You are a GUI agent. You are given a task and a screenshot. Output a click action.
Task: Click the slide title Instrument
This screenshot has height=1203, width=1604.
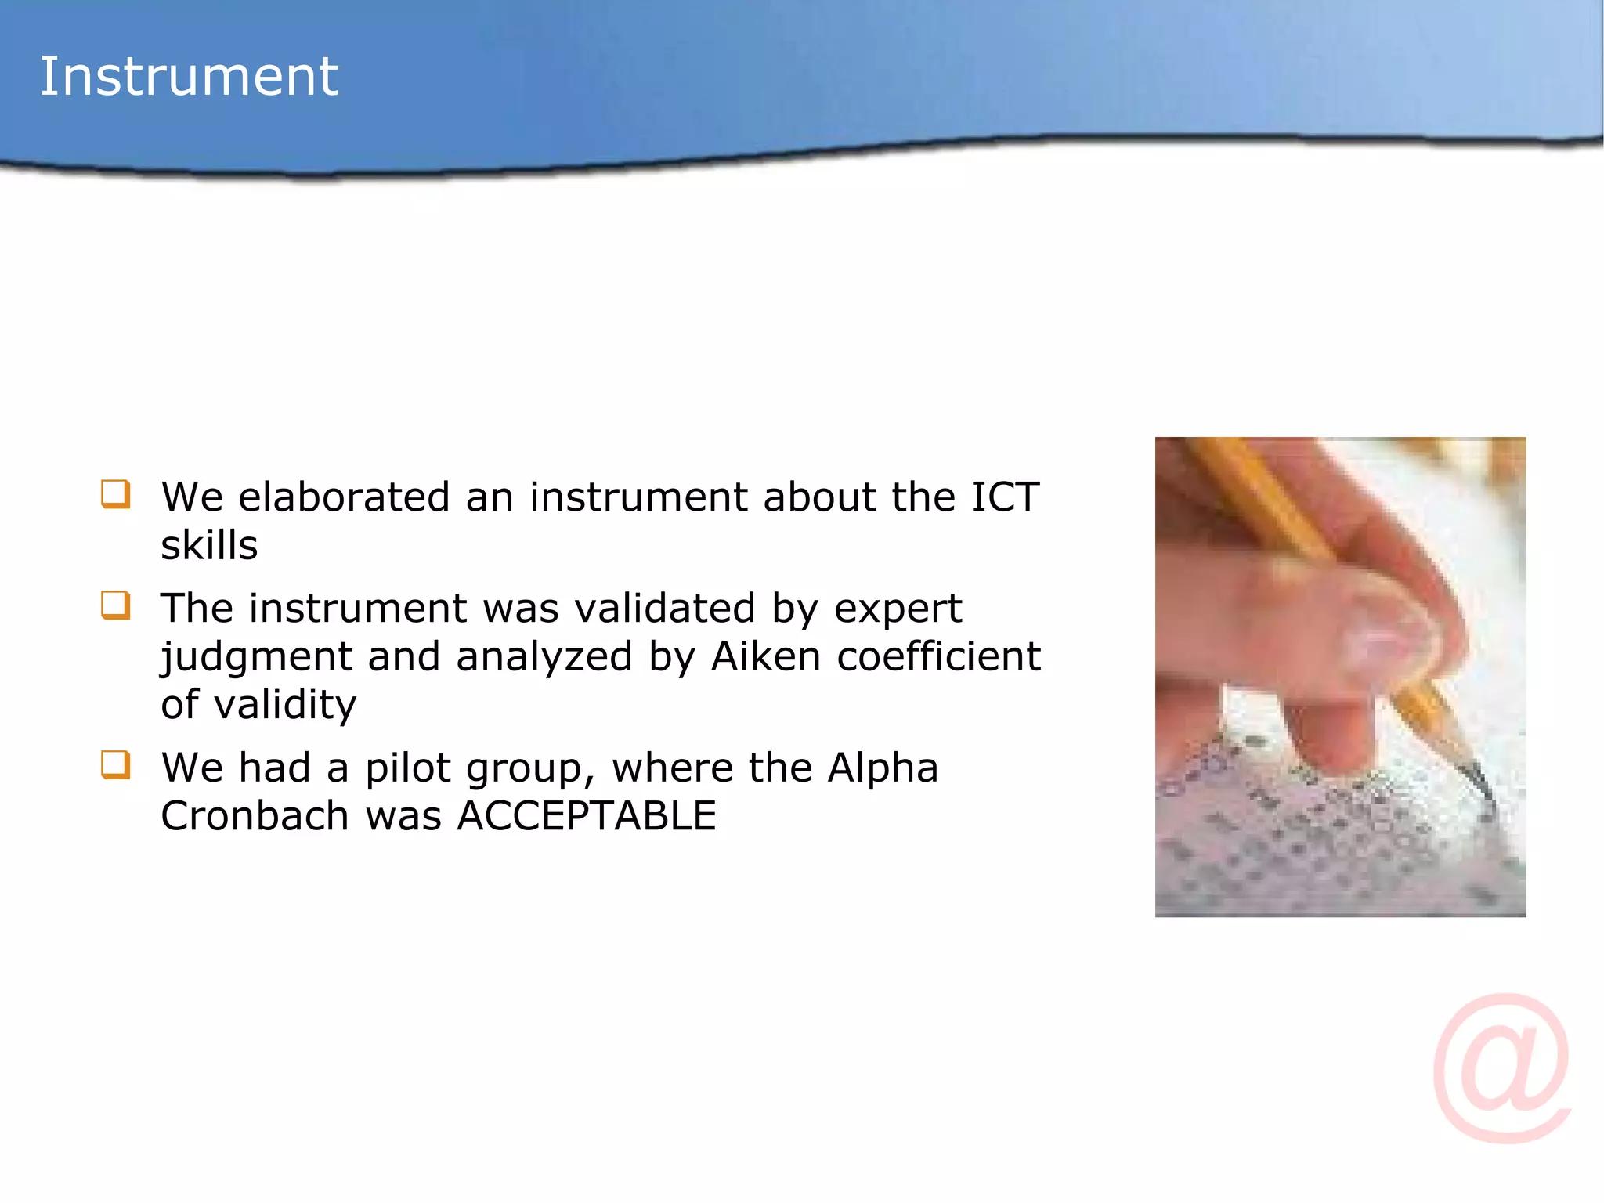click(189, 77)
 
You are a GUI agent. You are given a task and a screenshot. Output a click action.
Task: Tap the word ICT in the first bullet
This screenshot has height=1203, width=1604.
click(1004, 497)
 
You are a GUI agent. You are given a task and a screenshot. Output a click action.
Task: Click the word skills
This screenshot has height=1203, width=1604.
click(209, 546)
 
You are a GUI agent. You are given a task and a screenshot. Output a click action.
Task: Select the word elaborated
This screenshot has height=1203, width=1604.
click(344, 497)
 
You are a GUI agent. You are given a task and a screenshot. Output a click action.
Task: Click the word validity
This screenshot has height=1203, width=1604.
click(285, 705)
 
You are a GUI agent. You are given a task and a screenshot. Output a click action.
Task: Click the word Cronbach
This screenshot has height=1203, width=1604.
click(255, 816)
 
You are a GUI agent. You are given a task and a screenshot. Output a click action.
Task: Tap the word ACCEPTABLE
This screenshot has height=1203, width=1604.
click(587, 816)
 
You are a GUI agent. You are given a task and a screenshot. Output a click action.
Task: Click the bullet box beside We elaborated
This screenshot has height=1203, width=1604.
click(115, 495)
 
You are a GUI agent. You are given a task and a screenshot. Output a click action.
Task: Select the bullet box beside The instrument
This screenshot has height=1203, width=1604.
click(115, 605)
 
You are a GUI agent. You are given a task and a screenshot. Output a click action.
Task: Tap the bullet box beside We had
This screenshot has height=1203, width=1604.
click(115, 765)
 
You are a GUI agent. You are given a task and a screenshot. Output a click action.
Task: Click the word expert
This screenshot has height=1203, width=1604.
click(898, 609)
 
